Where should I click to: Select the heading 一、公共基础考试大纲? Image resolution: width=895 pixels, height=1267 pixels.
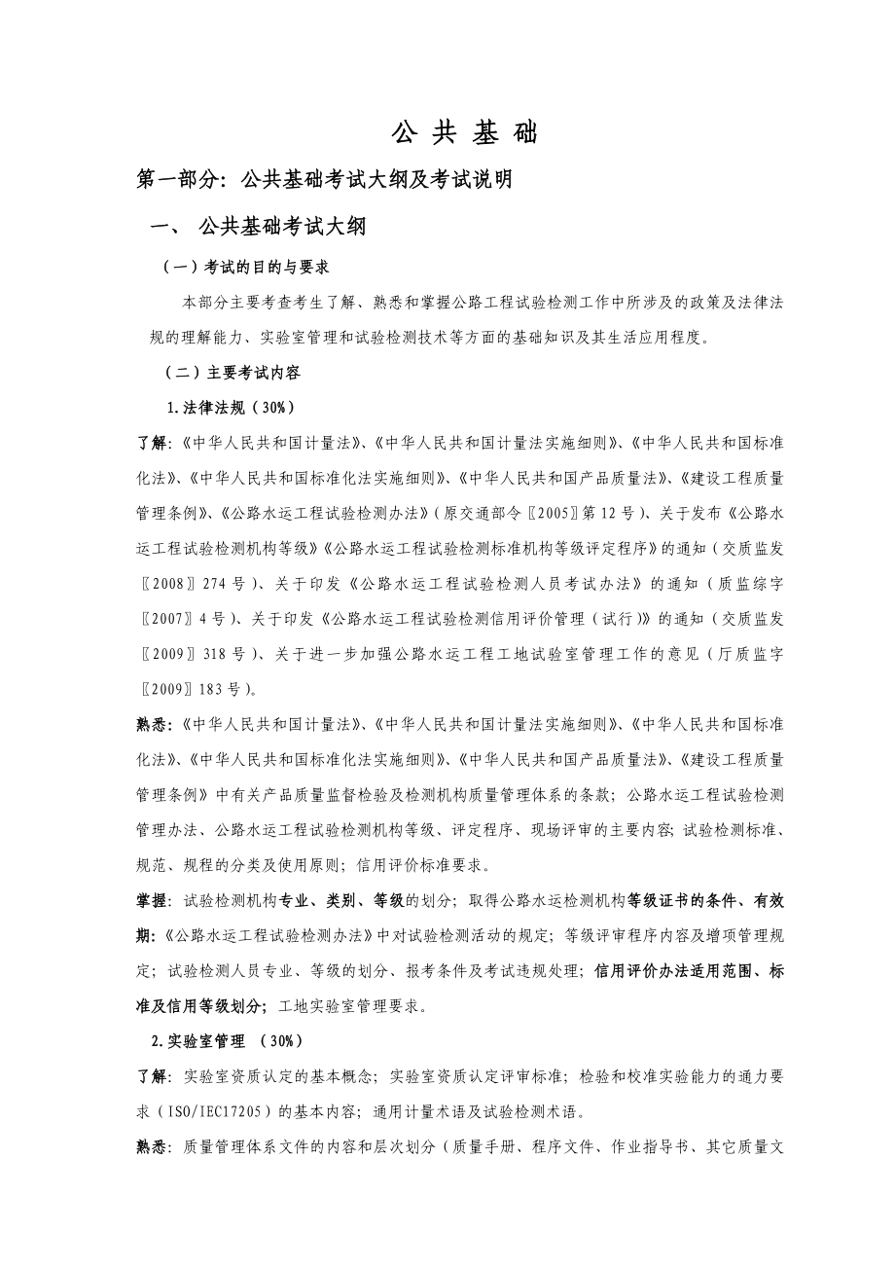pyautogui.click(x=257, y=228)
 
